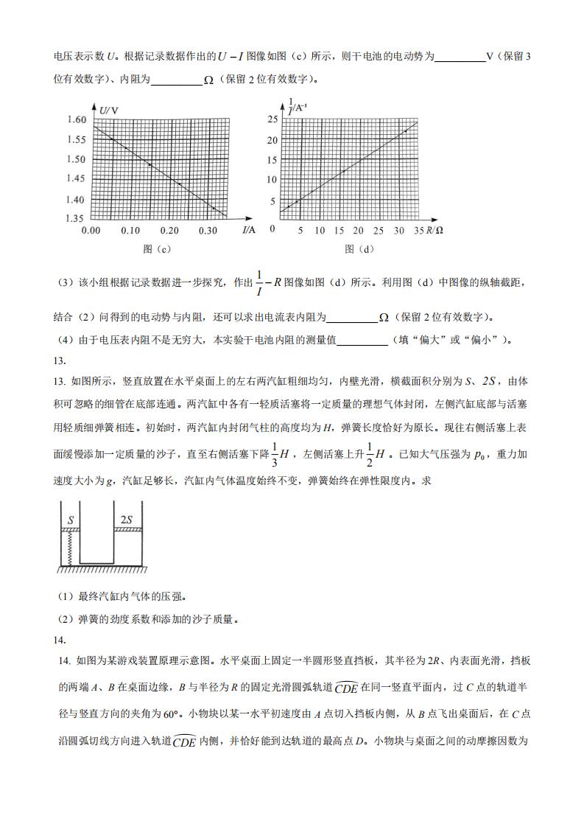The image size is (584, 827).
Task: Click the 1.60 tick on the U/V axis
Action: point(77,119)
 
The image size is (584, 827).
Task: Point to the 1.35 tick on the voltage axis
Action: point(77,218)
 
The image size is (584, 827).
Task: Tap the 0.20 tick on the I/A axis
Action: point(169,231)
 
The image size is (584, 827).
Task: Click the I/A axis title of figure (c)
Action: point(248,230)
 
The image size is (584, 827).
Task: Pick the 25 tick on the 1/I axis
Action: point(272,119)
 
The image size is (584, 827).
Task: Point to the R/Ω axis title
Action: point(434,231)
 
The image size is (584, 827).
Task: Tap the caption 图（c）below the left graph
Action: point(158,249)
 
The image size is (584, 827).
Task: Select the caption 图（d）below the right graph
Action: point(359,249)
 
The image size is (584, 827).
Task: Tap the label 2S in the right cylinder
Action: point(126,520)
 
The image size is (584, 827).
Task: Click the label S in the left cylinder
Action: point(71,520)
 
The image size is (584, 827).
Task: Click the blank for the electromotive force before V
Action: point(460,57)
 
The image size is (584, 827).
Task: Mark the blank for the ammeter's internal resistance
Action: point(351,318)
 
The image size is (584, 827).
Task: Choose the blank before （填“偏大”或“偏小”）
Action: point(362,340)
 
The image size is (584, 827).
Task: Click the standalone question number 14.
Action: point(60,640)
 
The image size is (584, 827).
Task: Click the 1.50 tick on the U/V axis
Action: point(77,159)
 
